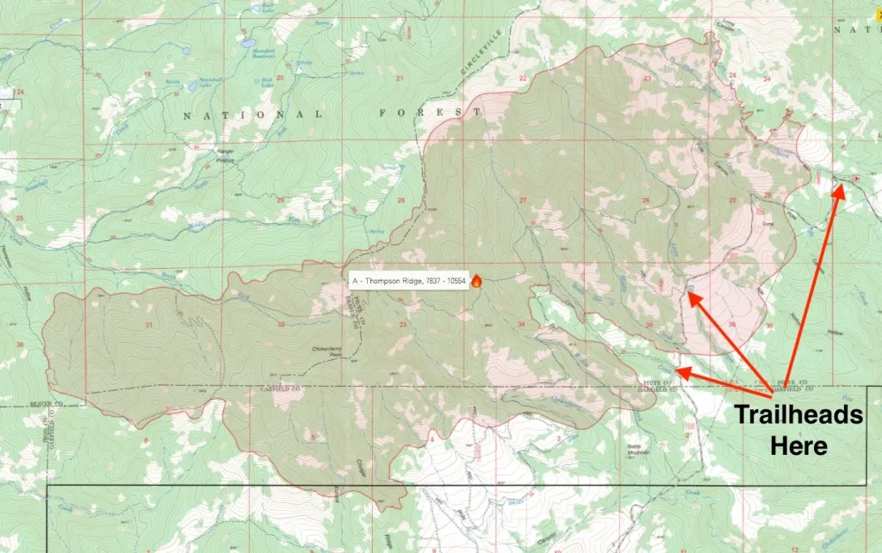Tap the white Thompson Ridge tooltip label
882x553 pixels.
(x=408, y=281)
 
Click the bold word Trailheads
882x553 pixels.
(x=798, y=415)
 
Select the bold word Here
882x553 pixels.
(x=798, y=445)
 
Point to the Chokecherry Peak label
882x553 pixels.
(x=327, y=351)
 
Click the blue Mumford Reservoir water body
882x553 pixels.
(x=249, y=41)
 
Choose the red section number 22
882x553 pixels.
(x=522, y=78)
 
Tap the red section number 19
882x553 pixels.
(x=147, y=76)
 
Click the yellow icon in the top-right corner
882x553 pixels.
(x=877, y=3)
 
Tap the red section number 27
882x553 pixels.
(x=523, y=201)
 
